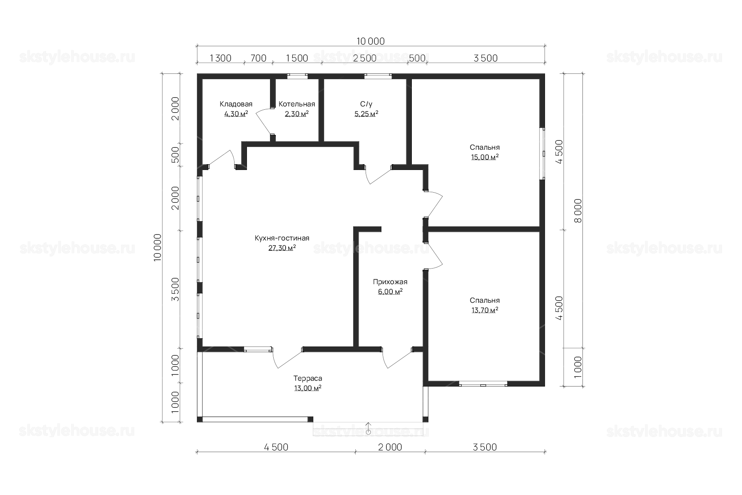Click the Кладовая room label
(x=236, y=104)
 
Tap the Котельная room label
(x=297, y=104)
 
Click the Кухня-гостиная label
(x=282, y=238)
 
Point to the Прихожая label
(x=390, y=282)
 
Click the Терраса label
(x=308, y=378)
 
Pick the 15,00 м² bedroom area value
(x=485, y=157)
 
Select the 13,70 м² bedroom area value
(x=485, y=310)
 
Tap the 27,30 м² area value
(x=282, y=248)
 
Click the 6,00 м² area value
(x=390, y=292)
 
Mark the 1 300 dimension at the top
(x=221, y=58)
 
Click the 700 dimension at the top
(x=258, y=58)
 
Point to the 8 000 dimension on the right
(x=578, y=211)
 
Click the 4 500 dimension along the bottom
(x=276, y=447)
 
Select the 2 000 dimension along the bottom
(x=390, y=447)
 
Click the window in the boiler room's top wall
(x=297, y=76)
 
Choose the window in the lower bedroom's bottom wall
(x=483, y=384)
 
